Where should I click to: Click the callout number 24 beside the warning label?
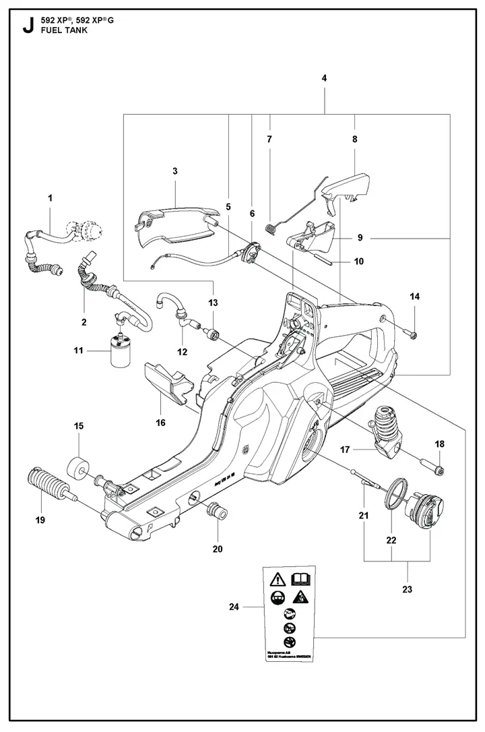(233, 607)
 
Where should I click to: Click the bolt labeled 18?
(429, 466)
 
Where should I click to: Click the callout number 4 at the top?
(324, 79)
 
